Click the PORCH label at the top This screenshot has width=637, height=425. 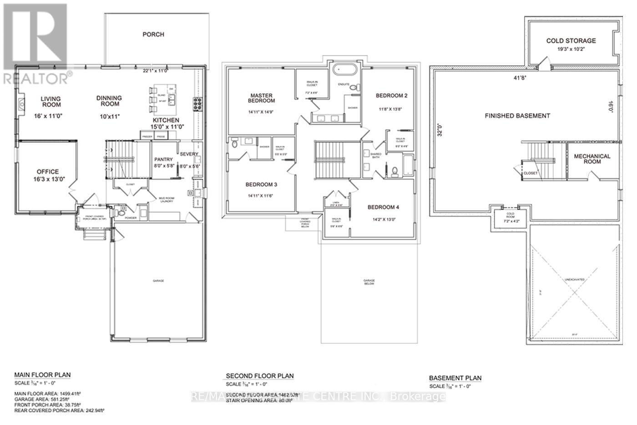click(153, 34)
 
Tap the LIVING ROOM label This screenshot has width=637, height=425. click(51, 102)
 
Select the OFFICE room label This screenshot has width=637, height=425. click(48, 172)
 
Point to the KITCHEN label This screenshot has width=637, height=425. click(166, 120)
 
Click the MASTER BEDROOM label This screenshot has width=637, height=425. click(262, 98)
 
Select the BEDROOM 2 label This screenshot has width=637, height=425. click(391, 96)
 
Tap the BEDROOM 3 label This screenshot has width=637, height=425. click(261, 184)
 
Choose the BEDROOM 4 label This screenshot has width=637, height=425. click(383, 207)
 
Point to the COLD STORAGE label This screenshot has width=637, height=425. click(571, 41)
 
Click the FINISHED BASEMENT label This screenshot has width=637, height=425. click(517, 116)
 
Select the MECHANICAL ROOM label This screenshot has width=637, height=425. click(592, 159)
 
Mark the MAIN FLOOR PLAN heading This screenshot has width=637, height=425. click(42, 375)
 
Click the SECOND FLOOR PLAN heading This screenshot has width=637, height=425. click(260, 376)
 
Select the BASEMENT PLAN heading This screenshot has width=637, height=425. click(455, 378)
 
